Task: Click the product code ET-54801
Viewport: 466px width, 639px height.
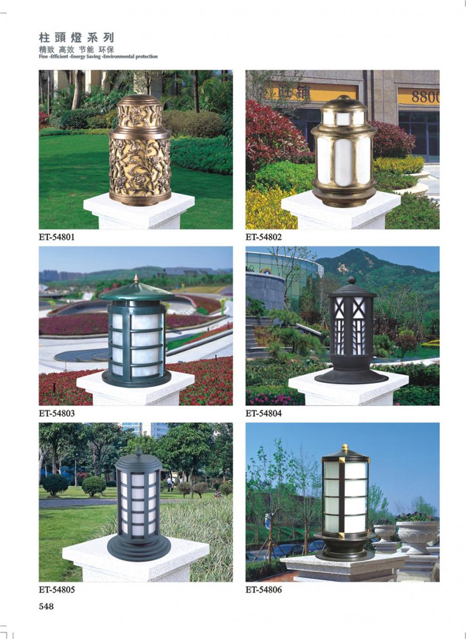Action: pyautogui.click(x=57, y=237)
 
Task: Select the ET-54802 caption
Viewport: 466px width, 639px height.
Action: pyautogui.click(x=263, y=237)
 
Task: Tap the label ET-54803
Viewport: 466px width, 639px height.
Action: pyautogui.click(x=57, y=413)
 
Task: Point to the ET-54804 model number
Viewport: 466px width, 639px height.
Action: pyautogui.click(x=263, y=413)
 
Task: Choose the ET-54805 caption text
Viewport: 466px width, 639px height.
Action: pyautogui.click(x=57, y=589)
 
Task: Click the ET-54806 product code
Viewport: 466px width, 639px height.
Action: pyautogui.click(x=263, y=589)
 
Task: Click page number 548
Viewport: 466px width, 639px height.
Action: pyautogui.click(x=46, y=607)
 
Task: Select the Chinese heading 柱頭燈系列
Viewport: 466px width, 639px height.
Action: pyautogui.click(x=76, y=38)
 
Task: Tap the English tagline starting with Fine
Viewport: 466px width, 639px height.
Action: pyautogui.click(x=98, y=56)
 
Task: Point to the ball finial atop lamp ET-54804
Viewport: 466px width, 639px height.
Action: pyautogui.click(x=352, y=280)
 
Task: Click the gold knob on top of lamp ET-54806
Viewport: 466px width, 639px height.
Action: pyautogui.click(x=345, y=447)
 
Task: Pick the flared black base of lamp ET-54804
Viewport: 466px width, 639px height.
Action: pyautogui.click(x=351, y=374)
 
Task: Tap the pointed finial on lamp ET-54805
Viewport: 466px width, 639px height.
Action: pyautogui.click(x=139, y=451)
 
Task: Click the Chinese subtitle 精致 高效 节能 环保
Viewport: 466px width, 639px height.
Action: pyautogui.click(x=76, y=50)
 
